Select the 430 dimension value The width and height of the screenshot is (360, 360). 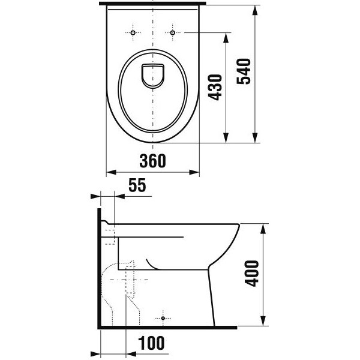[215, 87]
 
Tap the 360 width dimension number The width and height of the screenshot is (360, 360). [152, 161]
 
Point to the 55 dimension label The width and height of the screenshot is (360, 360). [137, 186]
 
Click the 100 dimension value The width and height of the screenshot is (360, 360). [151, 343]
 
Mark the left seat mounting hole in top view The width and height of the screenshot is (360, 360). [131, 31]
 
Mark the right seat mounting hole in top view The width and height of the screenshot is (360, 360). [173, 31]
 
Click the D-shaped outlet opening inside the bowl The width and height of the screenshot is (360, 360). [152, 76]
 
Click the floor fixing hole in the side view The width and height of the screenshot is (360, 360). [163, 316]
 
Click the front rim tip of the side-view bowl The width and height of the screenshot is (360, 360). [238, 227]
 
